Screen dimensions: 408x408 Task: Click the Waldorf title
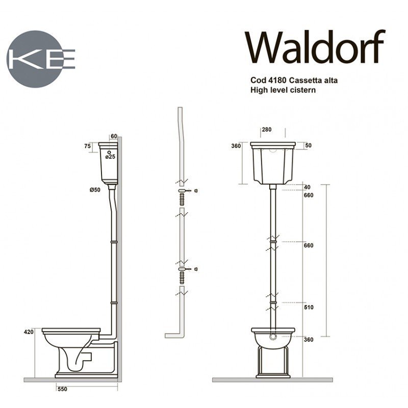(315, 47)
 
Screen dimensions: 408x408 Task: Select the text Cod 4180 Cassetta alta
(293, 81)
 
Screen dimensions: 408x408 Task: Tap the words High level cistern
(284, 90)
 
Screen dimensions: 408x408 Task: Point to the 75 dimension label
(87, 146)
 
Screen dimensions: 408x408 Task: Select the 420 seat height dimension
(29, 332)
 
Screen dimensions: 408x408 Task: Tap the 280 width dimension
(267, 130)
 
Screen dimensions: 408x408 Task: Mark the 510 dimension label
(308, 308)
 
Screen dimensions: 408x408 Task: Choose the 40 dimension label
(307, 186)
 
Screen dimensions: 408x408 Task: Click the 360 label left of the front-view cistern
(236, 146)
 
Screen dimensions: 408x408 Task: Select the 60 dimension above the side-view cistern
(114, 136)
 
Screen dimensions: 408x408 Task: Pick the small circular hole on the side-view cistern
(109, 151)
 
